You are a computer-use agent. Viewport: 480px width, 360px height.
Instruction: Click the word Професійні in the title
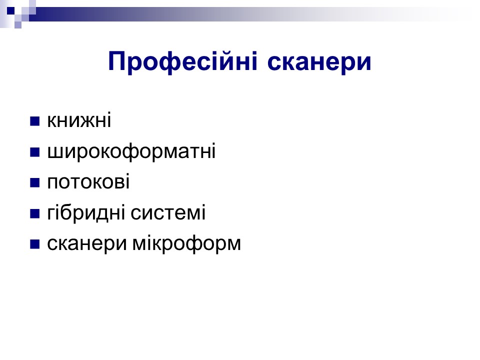point(183,62)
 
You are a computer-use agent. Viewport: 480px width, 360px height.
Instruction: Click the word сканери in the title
point(319,62)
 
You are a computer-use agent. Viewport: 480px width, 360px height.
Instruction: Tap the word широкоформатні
point(131,152)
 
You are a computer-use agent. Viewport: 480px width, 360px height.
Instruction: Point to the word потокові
point(88,181)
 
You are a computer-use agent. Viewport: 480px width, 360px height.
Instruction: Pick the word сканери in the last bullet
point(87,245)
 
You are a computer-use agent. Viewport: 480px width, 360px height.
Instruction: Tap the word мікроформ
point(186,244)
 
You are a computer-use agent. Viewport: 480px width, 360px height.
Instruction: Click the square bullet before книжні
point(35,121)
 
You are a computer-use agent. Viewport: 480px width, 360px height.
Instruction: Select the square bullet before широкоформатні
point(35,152)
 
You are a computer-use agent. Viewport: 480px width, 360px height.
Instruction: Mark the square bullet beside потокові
point(35,182)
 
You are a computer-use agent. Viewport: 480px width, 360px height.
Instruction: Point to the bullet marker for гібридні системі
point(35,213)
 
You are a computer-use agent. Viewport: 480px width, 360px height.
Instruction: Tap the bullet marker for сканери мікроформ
point(35,244)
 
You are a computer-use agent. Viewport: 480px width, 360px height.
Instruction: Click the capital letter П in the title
point(118,61)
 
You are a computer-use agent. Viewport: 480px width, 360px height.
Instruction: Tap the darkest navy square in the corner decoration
point(10,10)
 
